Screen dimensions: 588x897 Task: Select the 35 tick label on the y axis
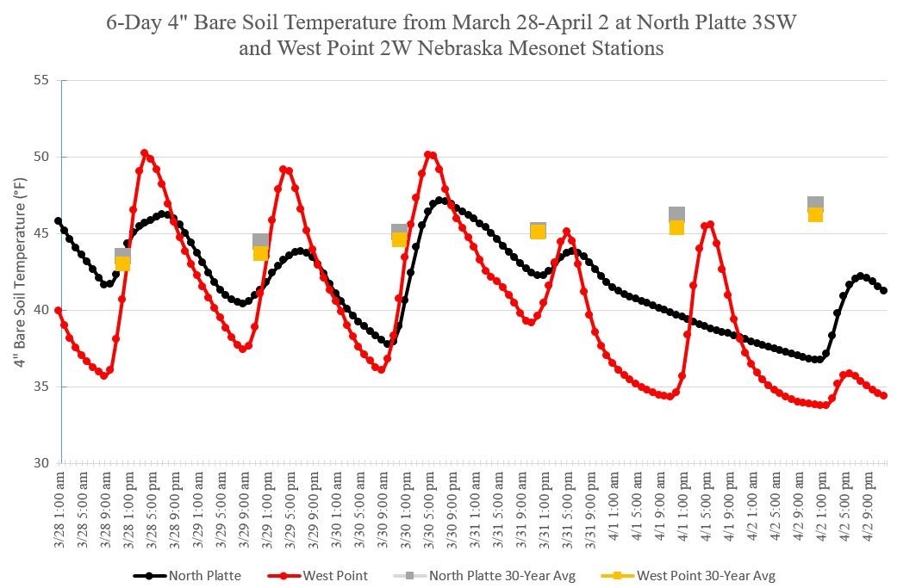click(x=40, y=387)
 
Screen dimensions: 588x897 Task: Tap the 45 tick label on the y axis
click(x=40, y=233)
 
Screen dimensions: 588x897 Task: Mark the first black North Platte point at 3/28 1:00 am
click(x=59, y=221)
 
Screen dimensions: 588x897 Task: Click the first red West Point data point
click(x=59, y=310)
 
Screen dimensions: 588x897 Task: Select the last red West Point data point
click(x=884, y=395)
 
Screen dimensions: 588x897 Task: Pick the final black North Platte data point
click(x=884, y=291)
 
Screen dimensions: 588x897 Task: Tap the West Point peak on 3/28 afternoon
click(x=145, y=153)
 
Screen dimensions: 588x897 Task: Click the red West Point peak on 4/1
click(x=710, y=225)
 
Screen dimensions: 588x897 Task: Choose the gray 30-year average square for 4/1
click(x=676, y=214)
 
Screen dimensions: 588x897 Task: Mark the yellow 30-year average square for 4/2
click(x=815, y=215)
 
